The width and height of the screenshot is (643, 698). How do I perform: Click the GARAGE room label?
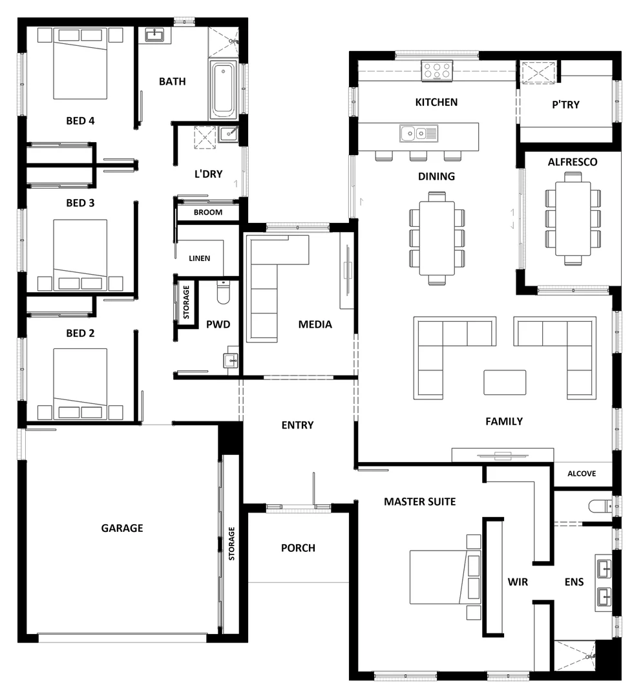(x=122, y=528)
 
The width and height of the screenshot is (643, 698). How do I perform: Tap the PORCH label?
(x=298, y=548)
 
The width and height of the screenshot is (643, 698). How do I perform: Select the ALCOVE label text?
(x=582, y=474)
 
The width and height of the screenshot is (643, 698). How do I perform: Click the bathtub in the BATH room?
(x=224, y=89)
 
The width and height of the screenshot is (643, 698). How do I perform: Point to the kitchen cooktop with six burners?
(x=437, y=70)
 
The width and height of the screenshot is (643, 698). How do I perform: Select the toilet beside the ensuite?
(x=600, y=505)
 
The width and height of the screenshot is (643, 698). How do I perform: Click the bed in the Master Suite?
(x=439, y=576)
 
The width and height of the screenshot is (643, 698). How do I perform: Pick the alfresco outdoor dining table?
(x=573, y=218)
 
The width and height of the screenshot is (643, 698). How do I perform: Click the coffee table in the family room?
(x=505, y=382)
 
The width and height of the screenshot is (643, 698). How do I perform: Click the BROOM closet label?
(x=208, y=212)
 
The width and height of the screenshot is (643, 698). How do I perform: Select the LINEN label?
(x=199, y=259)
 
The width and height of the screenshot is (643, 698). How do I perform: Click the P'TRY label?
(x=565, y=105)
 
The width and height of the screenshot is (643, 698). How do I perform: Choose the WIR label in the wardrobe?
(x=518, y=582)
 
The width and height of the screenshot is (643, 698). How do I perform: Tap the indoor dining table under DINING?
(x=437, y=237)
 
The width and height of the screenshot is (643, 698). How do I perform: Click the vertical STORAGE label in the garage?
(x=231, y=543)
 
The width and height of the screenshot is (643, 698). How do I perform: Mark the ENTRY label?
(x=297, y=425)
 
